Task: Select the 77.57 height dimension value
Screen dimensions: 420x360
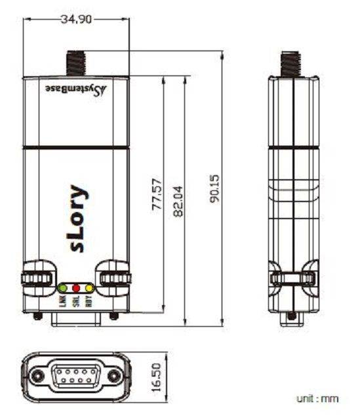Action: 157,194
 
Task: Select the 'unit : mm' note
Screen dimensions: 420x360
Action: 317,398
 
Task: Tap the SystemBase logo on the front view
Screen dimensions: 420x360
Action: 75,88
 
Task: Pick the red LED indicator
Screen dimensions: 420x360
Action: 76,288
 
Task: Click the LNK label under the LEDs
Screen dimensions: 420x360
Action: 63,302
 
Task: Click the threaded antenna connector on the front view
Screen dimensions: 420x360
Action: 76,64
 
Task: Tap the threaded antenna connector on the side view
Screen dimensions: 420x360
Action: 291,64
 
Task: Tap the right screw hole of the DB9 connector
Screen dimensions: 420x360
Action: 115,376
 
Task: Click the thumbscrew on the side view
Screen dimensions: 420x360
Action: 292,277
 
